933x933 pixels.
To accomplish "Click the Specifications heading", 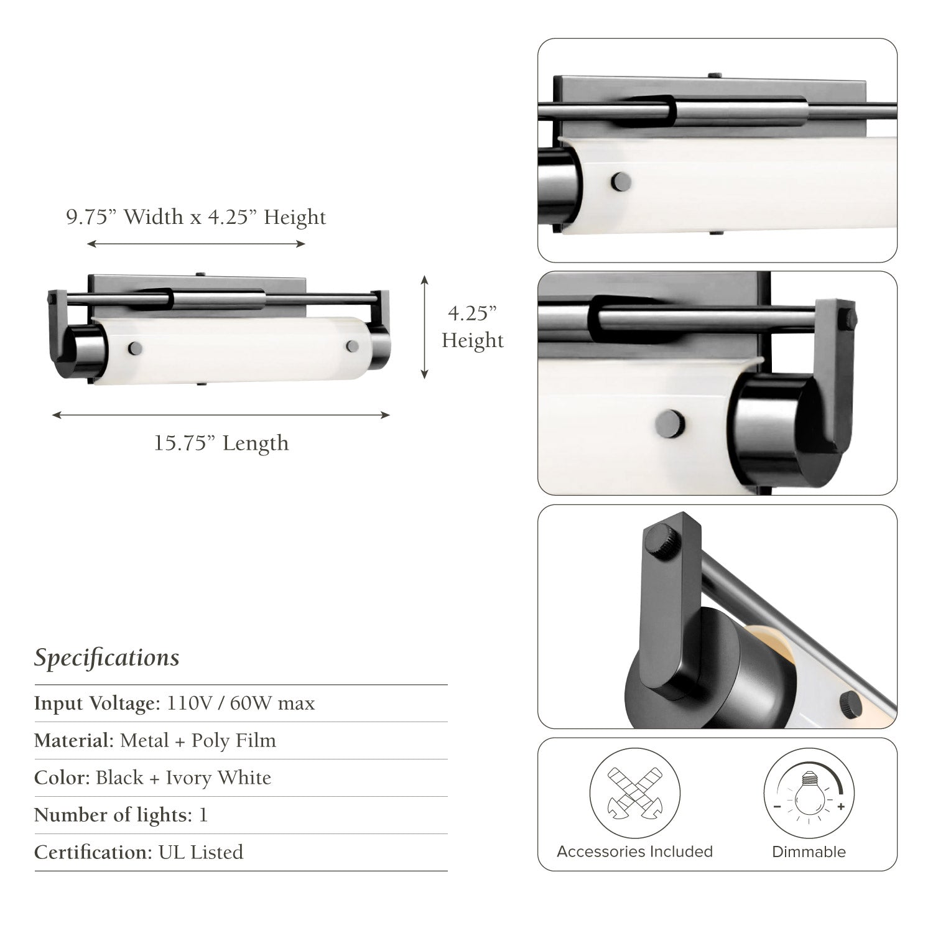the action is point(106,658).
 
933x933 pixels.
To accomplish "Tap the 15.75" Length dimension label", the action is point(221,443).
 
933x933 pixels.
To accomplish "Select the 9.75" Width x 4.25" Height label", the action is point(196,217).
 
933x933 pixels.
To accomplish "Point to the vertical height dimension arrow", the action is point(425,327).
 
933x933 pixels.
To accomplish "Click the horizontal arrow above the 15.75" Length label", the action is point(221,415).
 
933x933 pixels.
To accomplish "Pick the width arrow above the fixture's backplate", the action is point(196,244).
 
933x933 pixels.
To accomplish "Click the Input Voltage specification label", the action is point(98,703).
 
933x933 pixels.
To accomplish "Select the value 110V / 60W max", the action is point(241,703).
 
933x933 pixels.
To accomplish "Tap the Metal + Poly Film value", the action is point(198,741).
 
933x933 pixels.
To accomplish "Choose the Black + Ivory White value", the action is point(183,778).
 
